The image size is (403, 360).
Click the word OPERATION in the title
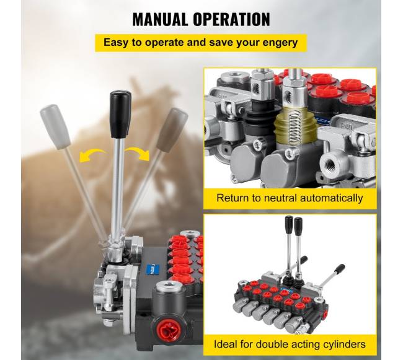coord(231,19)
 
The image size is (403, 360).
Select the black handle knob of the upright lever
coord(120,114)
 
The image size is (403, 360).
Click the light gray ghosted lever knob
coord(55,126)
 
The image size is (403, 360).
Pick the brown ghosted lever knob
coord(172,130)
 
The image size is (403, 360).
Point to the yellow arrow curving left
coord(92,155)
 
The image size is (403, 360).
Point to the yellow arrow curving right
coord(138,154)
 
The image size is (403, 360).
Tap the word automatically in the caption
coord(332,198)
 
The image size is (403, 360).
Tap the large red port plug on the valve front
coord(170,329)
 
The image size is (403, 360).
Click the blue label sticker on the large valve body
coord(153,270)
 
